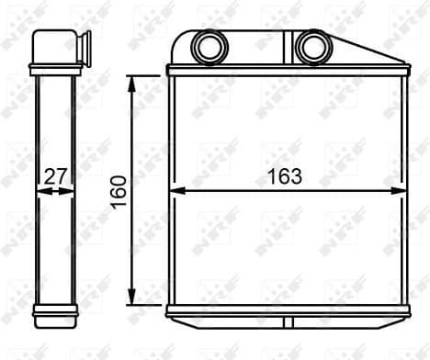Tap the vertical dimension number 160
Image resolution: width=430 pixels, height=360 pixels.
pyautogui.click(x=119, y=190)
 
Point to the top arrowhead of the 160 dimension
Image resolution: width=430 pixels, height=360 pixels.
pyautogui.click(x=134, y=81)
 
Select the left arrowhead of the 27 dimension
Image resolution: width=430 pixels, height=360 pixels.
pyautogui.click(x=38, y=191)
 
